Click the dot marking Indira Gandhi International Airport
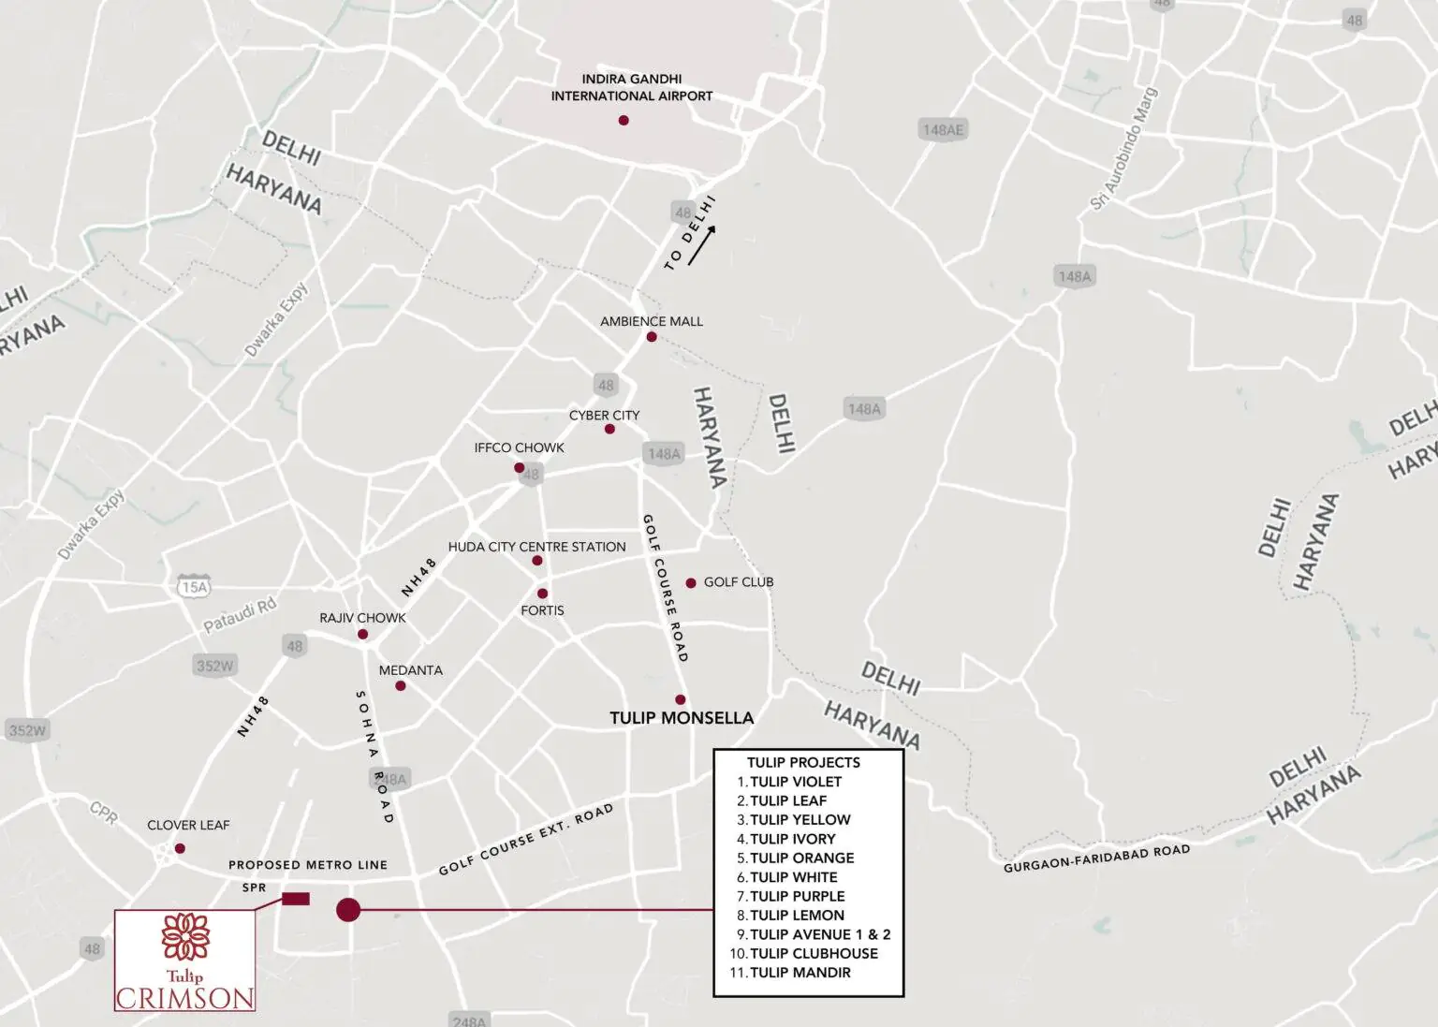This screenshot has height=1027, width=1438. tap(624, 121)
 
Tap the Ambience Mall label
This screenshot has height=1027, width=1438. tap(651, 321)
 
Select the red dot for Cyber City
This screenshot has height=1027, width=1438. tap(609, 430)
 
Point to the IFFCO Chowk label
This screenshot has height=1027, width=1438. tap(519, 447)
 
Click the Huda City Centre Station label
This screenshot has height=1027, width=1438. tap(536, 547)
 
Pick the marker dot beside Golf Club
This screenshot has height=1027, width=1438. tap(691, 583)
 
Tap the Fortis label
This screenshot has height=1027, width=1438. tap(542, 610)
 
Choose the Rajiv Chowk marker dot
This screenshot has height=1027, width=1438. tap(363, 635)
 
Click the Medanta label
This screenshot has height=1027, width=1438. tap(410, 670)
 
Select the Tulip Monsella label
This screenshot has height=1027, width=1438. tap(681, 718)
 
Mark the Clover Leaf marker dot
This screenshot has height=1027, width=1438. tap(180, 849)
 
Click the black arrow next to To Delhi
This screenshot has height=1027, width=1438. tap(702, 246)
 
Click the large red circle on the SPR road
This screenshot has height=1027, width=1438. tap(348, 909)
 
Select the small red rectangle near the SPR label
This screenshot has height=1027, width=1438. tap(296, 900)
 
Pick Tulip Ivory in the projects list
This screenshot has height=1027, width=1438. tap(792, 839)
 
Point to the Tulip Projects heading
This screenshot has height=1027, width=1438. tap(803, 762)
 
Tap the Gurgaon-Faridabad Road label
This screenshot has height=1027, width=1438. tap(1096, 858)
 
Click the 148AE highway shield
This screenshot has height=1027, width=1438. tap(942, 130)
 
